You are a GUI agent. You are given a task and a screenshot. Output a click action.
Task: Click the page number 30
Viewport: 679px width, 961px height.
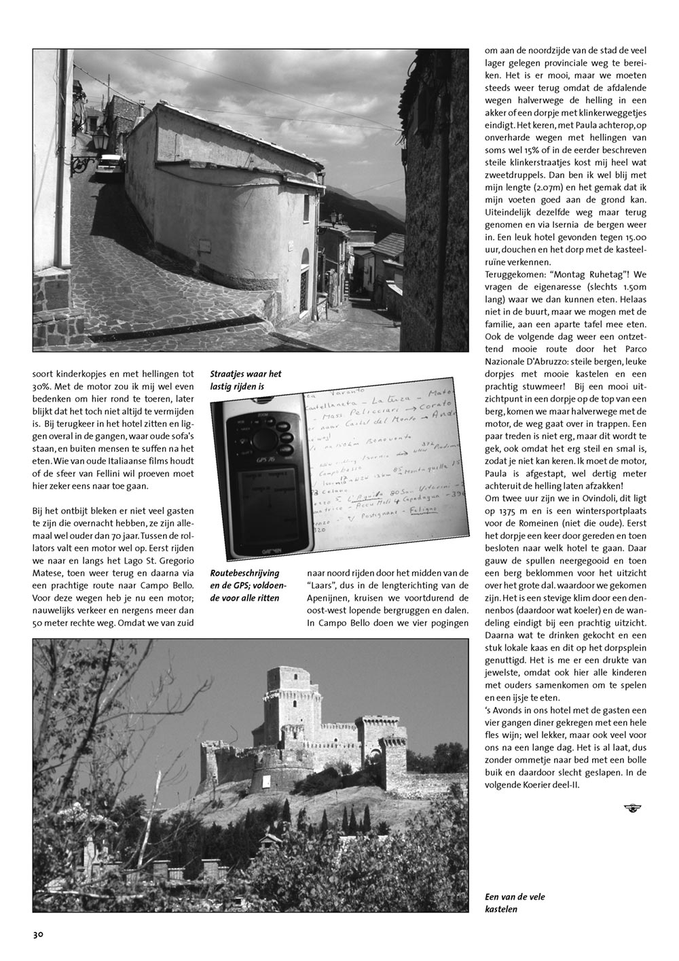(x=38, y=934)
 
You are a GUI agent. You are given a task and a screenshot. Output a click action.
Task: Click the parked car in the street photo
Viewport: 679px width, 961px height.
(x=108, y=163)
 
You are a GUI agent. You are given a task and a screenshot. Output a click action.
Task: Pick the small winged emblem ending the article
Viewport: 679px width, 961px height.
(x=631, y=807)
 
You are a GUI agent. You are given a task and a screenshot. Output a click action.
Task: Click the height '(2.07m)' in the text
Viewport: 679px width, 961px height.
(x=549, y=188)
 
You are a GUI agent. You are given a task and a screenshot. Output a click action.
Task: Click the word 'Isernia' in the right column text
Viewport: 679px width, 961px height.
(x=579, y=224)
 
